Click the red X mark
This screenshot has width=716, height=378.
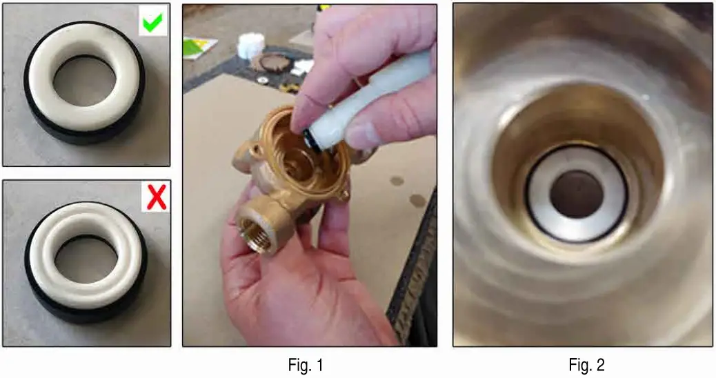(157, 198)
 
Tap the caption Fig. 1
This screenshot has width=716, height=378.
(305, 364)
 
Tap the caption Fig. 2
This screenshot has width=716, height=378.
(586, 364)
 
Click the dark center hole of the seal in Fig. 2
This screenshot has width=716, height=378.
(576, 193)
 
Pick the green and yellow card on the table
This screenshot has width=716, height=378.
(199, 47)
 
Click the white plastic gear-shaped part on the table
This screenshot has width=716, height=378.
(250, 46)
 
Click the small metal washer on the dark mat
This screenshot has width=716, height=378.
(263, 80)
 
